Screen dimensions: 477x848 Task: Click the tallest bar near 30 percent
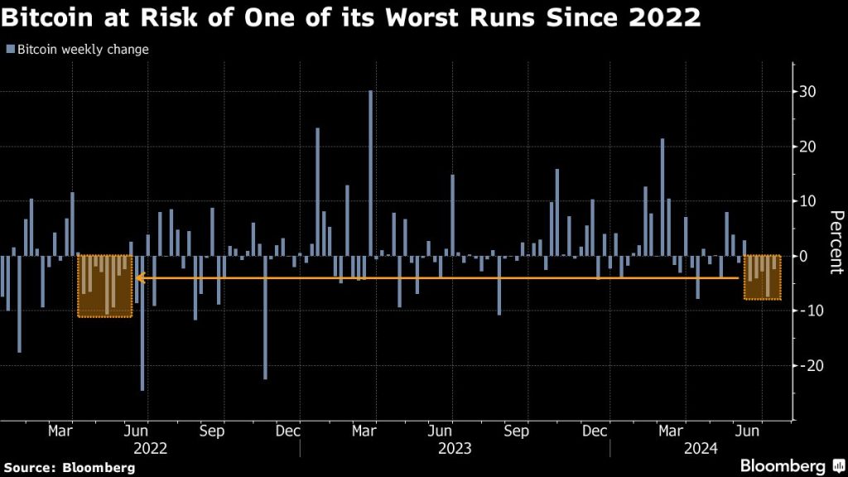click(370, 173)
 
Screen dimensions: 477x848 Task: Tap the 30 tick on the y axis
click(807, 92)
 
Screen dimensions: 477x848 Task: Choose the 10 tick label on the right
click(807, 201)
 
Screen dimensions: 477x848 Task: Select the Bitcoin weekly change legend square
click(10, 50)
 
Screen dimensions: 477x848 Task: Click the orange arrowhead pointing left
click(139, 278)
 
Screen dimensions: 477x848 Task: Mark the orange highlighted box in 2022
click(105, 286)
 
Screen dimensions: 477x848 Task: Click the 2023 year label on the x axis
click(455, 449)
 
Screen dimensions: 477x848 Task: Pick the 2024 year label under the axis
click(701, 449)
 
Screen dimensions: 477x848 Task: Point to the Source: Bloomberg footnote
click(68, 467)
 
